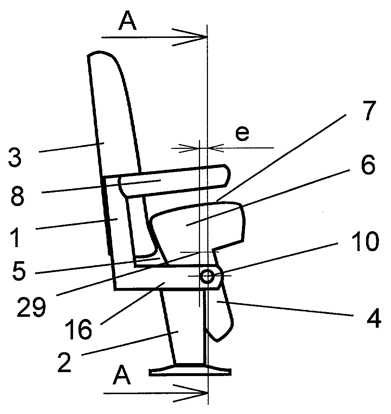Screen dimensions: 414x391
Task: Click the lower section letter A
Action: pyautogui.click(x=122, y=377)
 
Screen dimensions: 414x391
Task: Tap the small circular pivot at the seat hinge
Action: pyautogui.click(x=207, y=277)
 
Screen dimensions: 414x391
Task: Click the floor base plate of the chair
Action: pyautogui.click(x=190, y=371)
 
